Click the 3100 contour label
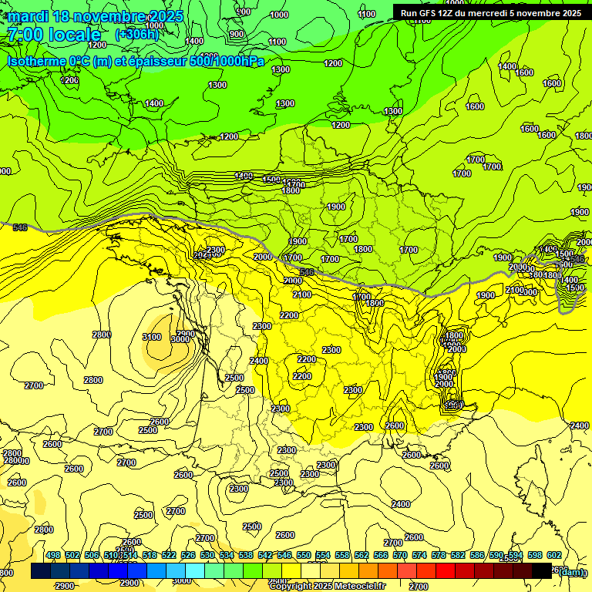pos(152,337)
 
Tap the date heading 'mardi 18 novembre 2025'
pos(96,16)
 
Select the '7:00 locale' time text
pos(53,35)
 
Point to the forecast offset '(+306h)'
pos(136,35)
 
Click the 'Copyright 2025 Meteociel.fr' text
pos(327,586)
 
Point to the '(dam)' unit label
pos(571,571)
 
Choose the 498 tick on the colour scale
pos(53,555)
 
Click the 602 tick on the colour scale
pos(554,555)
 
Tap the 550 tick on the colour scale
pos(304,555)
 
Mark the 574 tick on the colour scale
pos(419,555)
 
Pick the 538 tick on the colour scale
pos(246,555)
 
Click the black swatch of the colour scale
pos(542,570)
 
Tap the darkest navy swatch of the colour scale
pos(41,570)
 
